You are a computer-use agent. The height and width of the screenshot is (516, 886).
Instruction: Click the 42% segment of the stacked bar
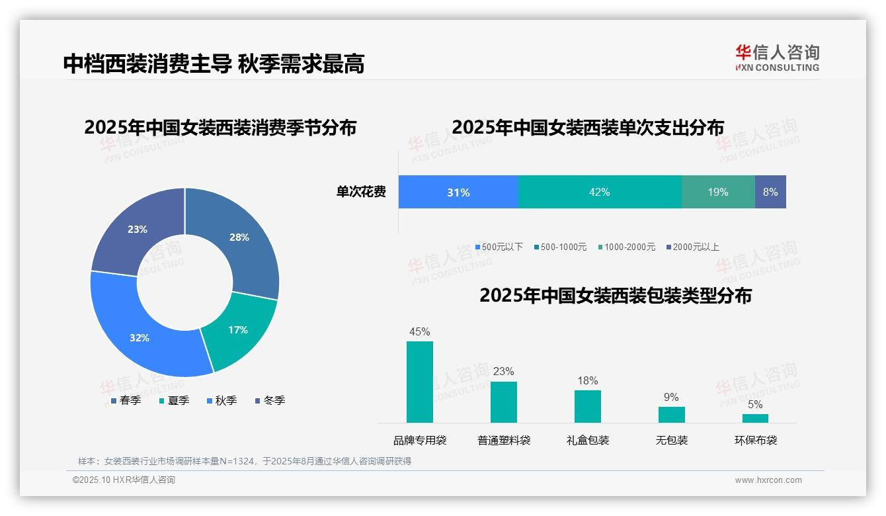pos(599,192)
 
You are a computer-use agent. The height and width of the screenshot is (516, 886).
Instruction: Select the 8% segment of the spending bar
pos(770,192)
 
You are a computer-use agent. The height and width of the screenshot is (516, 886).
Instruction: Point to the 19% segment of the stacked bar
pos(718,192)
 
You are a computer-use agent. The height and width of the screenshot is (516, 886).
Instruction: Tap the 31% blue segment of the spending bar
pos(458,192)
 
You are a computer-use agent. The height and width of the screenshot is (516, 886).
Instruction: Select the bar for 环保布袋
pos(755,418)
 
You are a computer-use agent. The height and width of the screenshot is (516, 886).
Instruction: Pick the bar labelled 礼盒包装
pos(587,406)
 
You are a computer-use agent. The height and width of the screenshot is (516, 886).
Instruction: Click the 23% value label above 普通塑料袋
pos(503,372)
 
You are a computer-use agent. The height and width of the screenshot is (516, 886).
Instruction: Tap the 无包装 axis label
pos(672,440)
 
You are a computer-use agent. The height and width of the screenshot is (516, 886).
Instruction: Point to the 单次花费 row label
pos(361,193)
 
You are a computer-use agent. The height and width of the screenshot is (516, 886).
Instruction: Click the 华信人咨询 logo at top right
pos(777,58)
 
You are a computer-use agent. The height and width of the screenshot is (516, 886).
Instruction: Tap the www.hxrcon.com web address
pos(768,480)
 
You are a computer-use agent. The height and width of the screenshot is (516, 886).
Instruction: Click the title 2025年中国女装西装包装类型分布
pos(616,296)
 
